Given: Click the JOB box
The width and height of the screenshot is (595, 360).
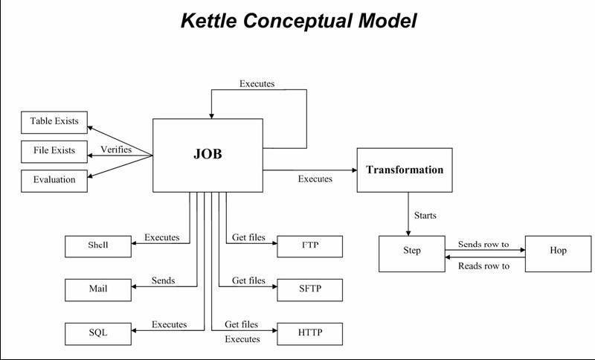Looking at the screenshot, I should (x=208, y=155).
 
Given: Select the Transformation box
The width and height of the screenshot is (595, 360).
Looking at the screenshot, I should (x=404, y=170).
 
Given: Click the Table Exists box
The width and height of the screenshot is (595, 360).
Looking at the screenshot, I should (x=54, y=121).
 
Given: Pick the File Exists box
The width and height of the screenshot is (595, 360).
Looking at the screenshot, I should (x=54, y=150).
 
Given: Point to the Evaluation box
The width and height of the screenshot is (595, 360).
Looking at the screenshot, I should (x=54, y=179).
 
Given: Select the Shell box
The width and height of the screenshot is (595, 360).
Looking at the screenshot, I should (x=98, y=246).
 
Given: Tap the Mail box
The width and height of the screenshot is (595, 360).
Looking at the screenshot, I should (x=98, y=289).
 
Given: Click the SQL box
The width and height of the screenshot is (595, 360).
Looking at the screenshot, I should (x=98, y=332).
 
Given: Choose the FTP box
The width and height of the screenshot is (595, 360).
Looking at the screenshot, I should (x=310, y=246).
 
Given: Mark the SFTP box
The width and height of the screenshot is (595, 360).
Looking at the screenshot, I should (x=310, y=289).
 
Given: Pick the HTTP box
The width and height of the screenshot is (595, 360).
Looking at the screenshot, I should (x=310, y=333).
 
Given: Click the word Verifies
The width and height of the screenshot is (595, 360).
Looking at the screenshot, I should (x=116, y=150).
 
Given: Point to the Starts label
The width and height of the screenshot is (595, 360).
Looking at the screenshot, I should (x=425, y=216).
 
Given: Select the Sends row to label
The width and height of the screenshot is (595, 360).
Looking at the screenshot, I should (x=483, y=244).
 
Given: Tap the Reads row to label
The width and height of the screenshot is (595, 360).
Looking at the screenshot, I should (x=483, y=266).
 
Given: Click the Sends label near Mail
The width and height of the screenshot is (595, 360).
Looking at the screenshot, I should (x=163, y=280).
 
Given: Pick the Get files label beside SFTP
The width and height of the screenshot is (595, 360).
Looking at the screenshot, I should (x=248, y=280).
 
